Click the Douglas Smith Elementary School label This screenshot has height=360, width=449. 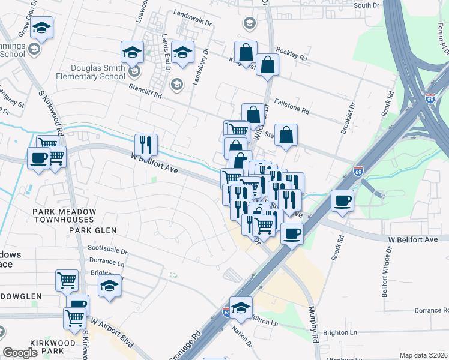tap(90, 73)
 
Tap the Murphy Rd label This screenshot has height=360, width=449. tap(313, 325)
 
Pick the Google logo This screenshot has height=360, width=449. tap(20, 353)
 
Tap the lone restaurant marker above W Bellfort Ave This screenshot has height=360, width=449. tap(146, 144)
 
